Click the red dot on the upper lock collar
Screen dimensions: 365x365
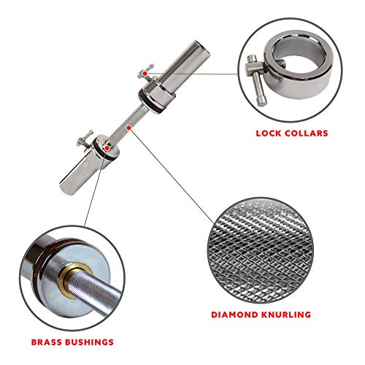click(x=147, y=74)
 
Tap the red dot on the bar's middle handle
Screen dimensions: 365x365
click(x=128, y=126)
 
